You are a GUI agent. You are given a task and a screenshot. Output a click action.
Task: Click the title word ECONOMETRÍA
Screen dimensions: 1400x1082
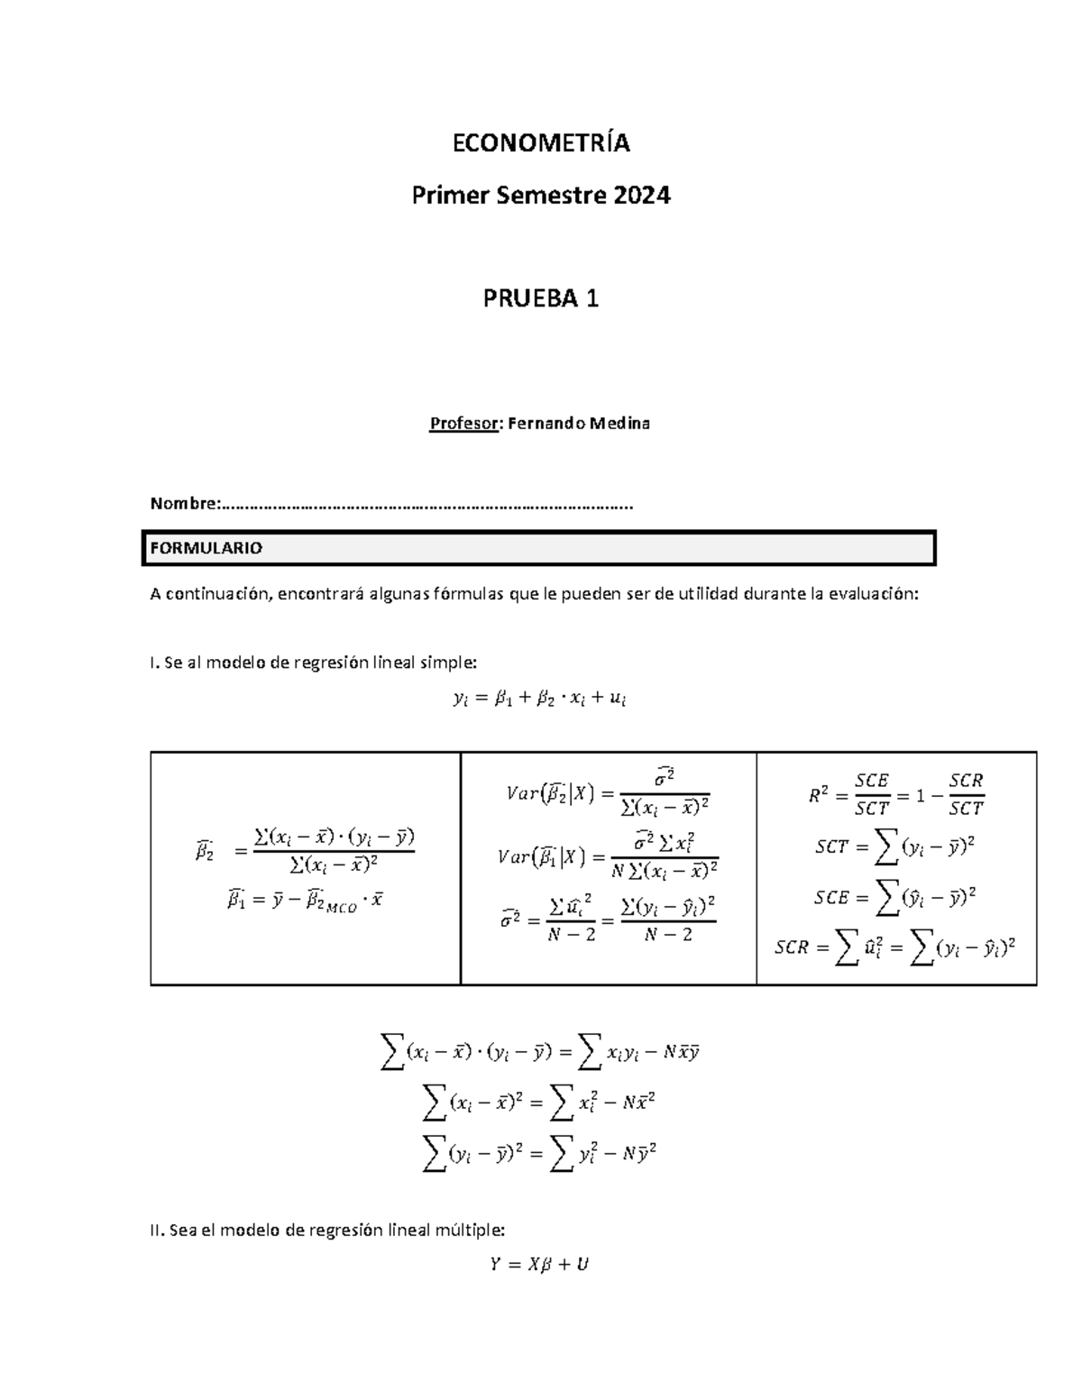(x=540, y=143)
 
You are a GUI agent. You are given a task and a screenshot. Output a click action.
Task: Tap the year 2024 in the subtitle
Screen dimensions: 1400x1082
(x=642, y=195)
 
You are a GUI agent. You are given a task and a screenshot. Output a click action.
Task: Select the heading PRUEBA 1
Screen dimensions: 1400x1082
(x=540, y=298)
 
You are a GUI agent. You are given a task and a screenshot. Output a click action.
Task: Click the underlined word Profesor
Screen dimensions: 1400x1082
(x=463, y=423)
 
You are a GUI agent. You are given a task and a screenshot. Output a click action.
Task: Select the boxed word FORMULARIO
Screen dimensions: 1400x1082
(x=206, y=548)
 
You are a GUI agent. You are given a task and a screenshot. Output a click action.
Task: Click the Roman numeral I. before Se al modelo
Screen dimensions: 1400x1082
(x=154, y=663)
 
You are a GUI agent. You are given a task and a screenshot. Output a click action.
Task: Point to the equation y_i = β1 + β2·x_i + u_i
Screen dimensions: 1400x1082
(x=540, y=699)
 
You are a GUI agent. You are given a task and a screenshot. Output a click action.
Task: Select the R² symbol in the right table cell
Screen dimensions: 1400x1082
(x=819, y=795)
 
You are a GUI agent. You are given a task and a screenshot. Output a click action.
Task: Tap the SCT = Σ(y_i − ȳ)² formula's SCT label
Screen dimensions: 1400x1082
(x=830, y=847)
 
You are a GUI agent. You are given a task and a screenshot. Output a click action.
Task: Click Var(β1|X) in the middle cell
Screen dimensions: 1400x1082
(x=540, y=857)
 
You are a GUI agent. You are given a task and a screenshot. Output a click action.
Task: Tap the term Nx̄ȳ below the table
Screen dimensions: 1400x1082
(x=682, y=1052)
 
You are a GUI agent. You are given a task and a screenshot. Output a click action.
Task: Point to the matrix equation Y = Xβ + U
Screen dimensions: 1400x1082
(x=539, y=1264)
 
